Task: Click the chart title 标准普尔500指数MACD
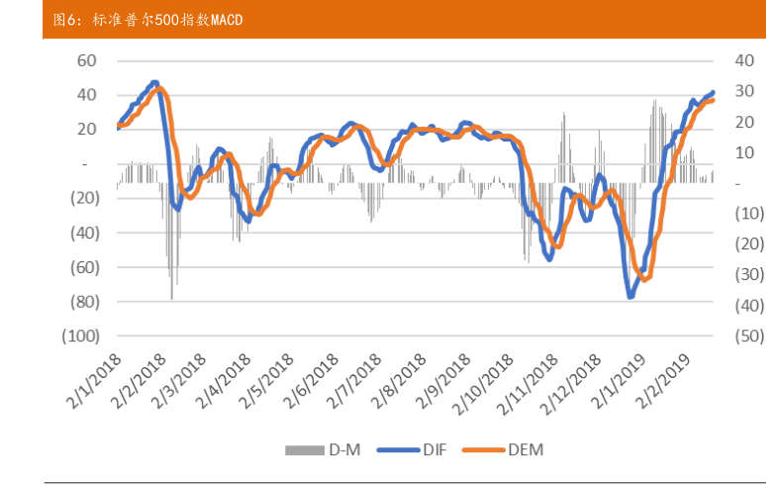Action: click(x=144, y=20)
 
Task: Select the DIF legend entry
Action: click(x=416, y=450)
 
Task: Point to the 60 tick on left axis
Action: click(x=86, y=60)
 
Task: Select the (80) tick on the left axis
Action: click(x=83, y=301)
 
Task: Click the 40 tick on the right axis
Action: click(x=745, y=60)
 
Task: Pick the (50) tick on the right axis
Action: click(x=744, y=336)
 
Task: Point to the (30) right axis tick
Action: click(x=744, y=274)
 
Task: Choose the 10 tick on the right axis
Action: click(x=745, y=152)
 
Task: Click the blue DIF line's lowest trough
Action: click(x=630, y=296)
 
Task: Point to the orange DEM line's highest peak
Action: click(x=160, y=89)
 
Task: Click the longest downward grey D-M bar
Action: click(x=171, y=298)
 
